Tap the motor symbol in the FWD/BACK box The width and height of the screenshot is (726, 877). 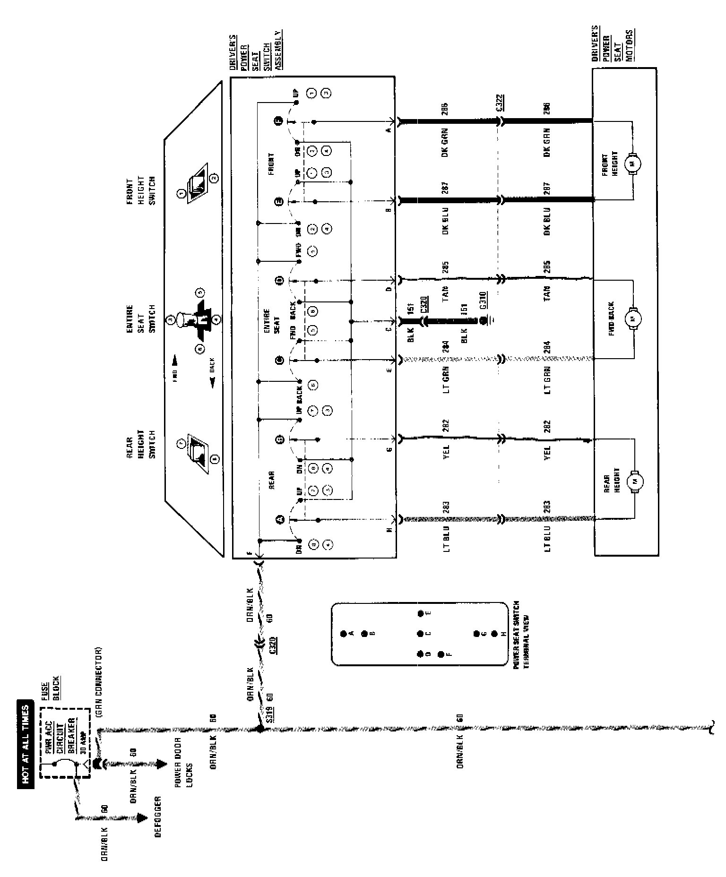(632, 318)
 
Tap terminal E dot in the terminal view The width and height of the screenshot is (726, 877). (420, 614)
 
